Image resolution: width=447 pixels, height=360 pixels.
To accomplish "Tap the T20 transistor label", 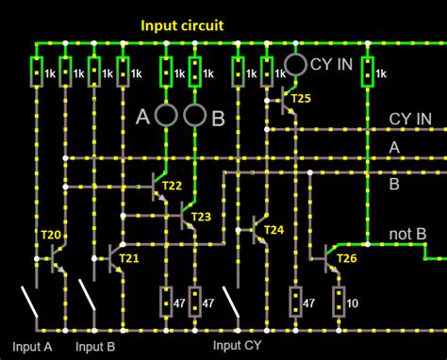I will pyautogui.click(x=50, y=235).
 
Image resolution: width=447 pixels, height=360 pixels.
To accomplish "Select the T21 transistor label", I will pyautogui.click(x=129, y=257).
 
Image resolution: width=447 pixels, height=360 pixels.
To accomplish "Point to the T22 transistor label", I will pyautogui.click(x=172, y=187).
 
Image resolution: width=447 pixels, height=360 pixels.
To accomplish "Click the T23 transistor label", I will pyautogui.click(x=201, y=217).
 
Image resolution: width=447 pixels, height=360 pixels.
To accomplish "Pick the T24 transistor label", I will pyautogui.click(x=273, y=230).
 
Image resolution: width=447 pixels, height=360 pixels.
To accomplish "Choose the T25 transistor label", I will pyautogui.click(x=300, y=98).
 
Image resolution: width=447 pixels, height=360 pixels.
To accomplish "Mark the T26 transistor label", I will pyautogui.click(x=346, y=258).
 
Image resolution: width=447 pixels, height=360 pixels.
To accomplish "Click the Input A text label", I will pyautogui.click(x=33, y=346).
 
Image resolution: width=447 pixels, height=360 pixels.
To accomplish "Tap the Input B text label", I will pyautogui.click(x=95, y=346).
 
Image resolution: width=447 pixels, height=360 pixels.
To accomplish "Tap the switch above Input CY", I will pyautogui.click(x=232, y=302).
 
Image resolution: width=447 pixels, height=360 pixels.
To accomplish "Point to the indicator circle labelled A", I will pyautogui.click(x=166, y=116).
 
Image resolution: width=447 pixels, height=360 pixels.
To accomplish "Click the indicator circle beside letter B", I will pyautogui.click(x=194, y=116).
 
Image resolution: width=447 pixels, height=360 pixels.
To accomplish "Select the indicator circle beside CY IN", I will pyautogui.click(x=295, y=64).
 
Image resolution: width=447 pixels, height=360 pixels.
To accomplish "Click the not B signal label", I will pyautogui.click(x=408, y=234).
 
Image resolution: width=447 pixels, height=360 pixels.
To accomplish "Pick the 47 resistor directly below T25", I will pyautogui.click(x=295, y=303).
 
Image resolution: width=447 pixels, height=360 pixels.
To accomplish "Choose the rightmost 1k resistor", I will pyautogui.click(x=367, y=72).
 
